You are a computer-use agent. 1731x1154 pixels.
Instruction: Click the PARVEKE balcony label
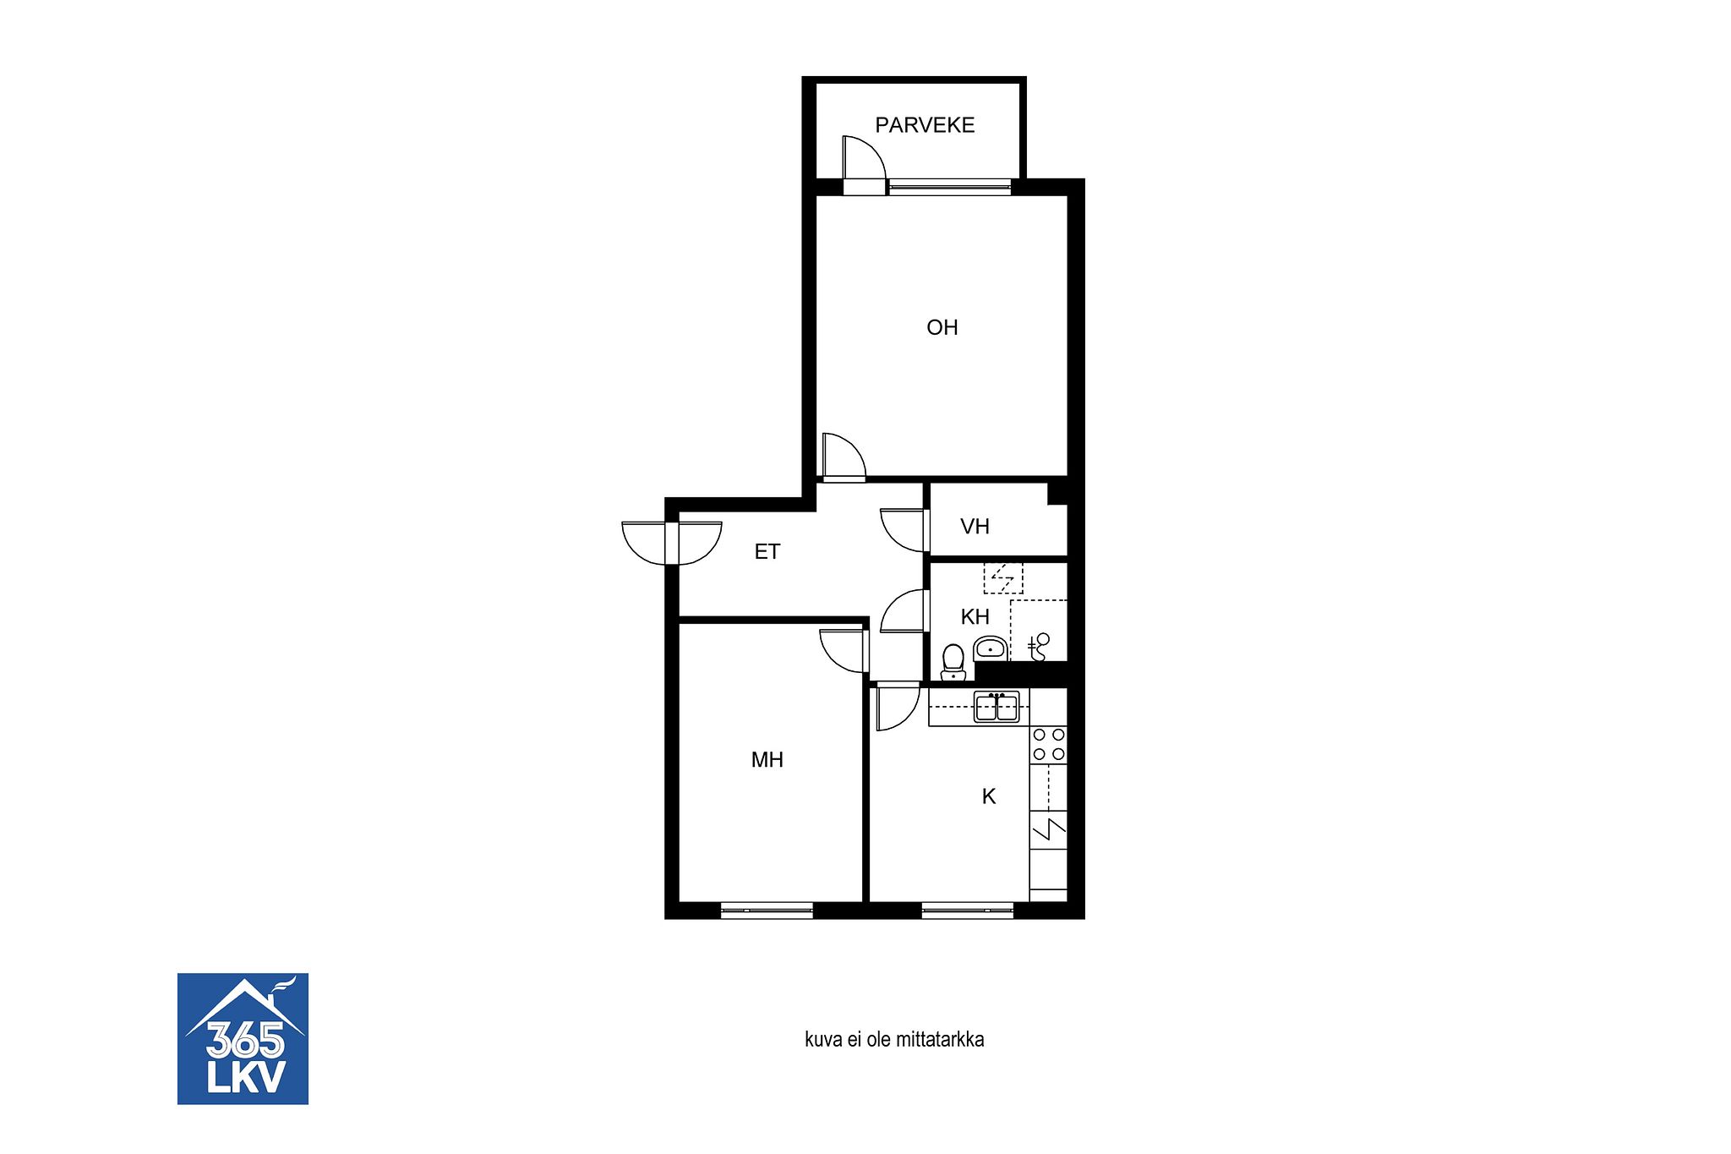925,125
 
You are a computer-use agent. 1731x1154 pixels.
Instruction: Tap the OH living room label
942,327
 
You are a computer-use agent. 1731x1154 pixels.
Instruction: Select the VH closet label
975,527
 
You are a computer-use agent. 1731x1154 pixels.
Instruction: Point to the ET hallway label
767,552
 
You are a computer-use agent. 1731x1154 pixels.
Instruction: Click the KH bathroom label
975,617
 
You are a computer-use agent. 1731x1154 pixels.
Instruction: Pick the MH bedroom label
767,760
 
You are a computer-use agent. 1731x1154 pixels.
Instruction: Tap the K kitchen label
989,796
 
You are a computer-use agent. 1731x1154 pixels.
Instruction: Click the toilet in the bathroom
953,662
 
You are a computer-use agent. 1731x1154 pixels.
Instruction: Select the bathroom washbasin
990,648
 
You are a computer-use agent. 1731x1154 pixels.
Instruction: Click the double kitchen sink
997,707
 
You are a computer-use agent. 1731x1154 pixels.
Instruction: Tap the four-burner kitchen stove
1049,746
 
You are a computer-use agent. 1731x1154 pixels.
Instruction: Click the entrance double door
672,543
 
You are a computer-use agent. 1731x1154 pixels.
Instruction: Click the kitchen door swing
898,708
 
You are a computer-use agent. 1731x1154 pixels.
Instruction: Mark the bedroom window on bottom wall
767,911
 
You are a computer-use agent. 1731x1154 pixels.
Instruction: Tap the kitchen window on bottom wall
967,911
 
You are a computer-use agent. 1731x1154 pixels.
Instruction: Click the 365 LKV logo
243,1039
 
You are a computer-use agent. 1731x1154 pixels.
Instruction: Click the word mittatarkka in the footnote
948,1040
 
